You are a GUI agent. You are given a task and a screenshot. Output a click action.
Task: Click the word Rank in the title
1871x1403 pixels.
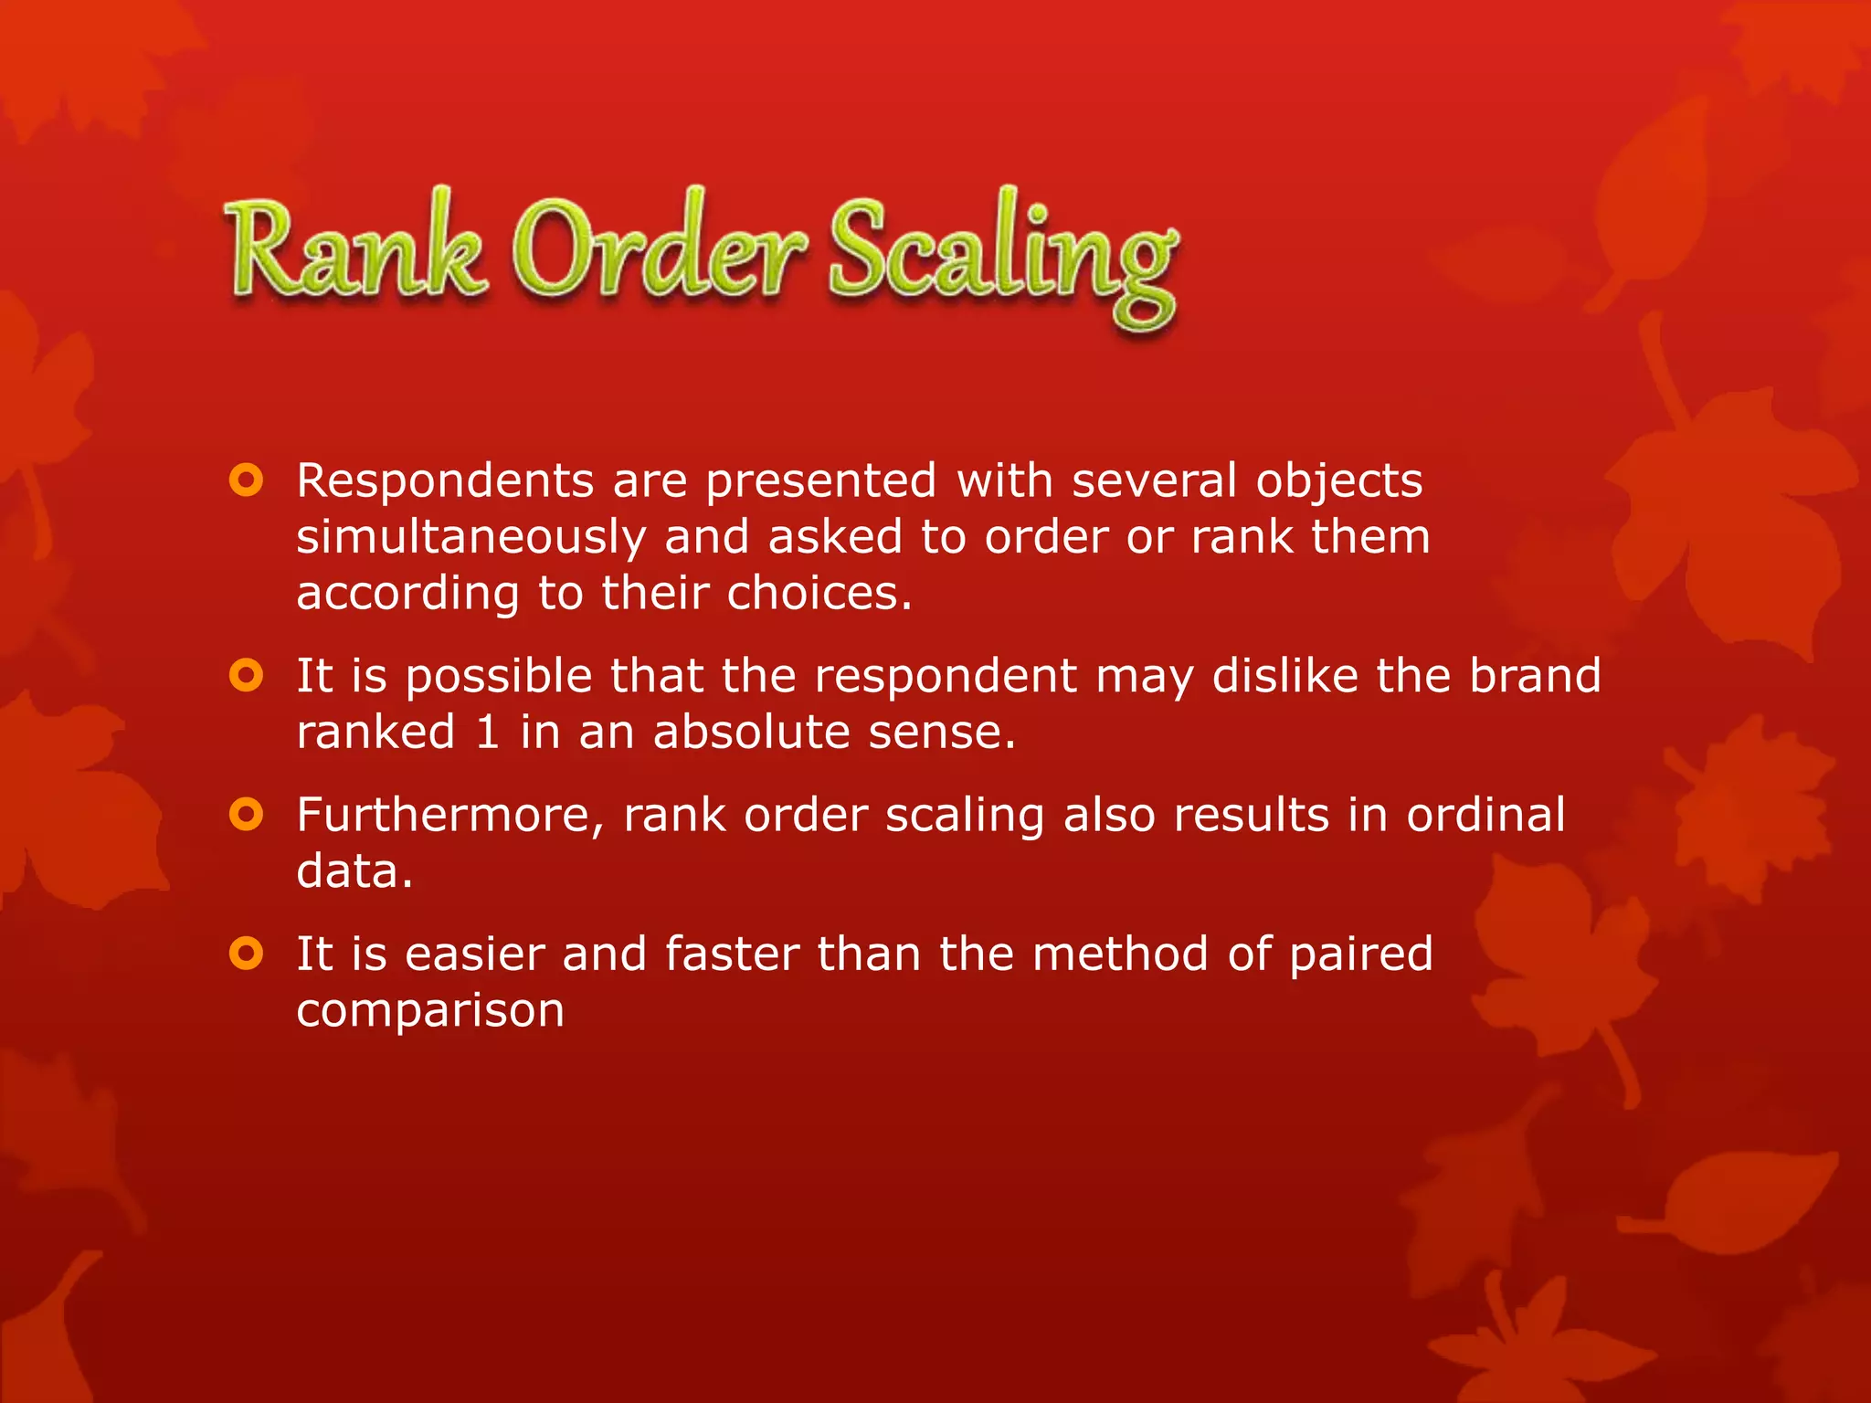tap(354, 251)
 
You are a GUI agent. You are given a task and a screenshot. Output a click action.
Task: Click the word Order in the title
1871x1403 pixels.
tap(658, 251)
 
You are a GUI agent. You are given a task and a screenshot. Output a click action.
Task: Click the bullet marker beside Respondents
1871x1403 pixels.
tap(247, 480)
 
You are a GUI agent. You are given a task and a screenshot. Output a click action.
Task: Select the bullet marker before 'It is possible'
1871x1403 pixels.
tap(247, 676)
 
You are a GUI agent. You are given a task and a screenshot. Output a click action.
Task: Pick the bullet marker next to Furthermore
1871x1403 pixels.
tap(247, 815)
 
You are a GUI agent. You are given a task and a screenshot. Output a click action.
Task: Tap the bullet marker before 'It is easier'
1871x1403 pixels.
tap(247, 954)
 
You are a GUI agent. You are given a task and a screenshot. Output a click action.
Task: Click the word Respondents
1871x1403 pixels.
tap(445, 480)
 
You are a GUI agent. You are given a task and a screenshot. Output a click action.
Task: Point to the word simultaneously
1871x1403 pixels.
tap(470, 537)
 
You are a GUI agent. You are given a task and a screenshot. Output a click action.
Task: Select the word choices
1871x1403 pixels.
tap(819, 594)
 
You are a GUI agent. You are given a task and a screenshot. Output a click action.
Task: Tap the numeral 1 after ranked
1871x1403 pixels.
tap(487, 733)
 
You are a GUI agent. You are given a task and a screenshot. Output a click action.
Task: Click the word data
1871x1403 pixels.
tap(354, 871)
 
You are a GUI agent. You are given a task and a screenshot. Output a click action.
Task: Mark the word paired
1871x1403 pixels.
tap(1360, 955)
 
